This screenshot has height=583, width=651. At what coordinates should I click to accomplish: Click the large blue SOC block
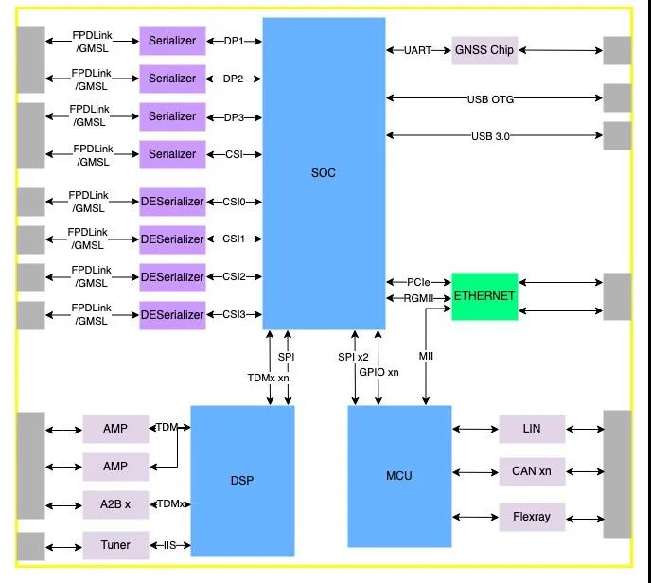coord(324,172)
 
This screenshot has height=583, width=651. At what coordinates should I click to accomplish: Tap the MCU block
coord(399,475)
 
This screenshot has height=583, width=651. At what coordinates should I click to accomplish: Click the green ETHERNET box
coord(484,296)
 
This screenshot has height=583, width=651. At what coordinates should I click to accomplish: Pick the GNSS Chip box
coord(484,50)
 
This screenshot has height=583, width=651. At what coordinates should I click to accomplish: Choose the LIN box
coord(532,430)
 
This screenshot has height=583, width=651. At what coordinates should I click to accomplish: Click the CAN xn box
coord(532,470)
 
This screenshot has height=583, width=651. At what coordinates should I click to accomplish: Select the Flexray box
coord(532,517)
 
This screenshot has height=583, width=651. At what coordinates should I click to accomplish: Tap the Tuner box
coord(115,545)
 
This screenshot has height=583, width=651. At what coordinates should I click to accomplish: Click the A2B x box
coord(115,504)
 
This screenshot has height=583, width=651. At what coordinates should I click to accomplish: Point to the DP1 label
coord(234,41)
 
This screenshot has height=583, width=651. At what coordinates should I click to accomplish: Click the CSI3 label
coord(234,315)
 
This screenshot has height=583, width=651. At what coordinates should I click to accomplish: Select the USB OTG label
coord(490,98)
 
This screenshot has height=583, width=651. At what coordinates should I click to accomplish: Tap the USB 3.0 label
coord(490,136)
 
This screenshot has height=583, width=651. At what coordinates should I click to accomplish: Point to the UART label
coord(418,50)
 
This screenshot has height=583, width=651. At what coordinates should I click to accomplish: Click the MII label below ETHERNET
coord(426,356)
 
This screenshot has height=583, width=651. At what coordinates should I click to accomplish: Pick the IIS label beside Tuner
coord(171,546)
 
